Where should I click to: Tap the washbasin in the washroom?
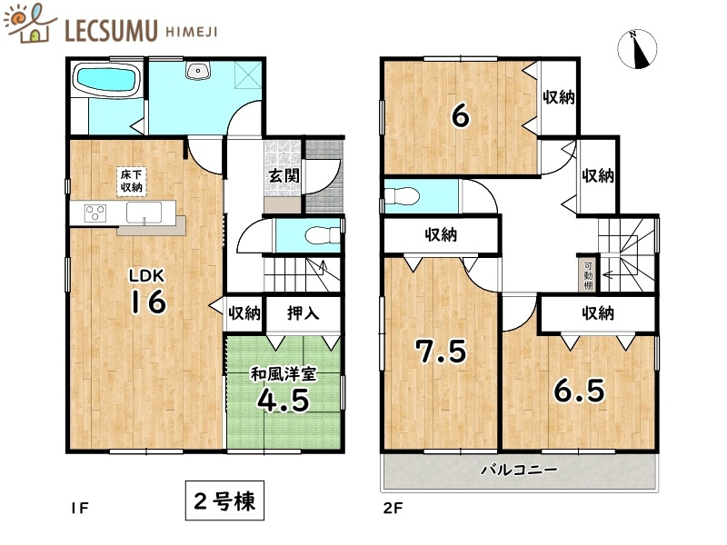click(198, 71)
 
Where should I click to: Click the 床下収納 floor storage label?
click(131, 181)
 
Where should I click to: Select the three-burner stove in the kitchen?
click(95, 213)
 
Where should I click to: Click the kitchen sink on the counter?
click(144, 213)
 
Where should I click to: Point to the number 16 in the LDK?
click(148, 301)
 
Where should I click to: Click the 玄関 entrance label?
click(284, 175)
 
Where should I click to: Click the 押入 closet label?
click(304, 313)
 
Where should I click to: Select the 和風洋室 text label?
click(284, 373)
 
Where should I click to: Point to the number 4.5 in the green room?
click(284, 400)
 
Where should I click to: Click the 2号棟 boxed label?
click(224, 501)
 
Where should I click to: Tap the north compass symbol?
click(638, 49)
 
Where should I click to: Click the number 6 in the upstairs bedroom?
click(461, 115)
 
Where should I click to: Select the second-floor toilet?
click(402, 196)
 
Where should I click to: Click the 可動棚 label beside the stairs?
click(588, 276)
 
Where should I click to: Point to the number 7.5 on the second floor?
click(441, 351)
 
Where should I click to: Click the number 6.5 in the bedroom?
click(580, 391)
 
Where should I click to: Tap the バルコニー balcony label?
click(519, 470)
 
